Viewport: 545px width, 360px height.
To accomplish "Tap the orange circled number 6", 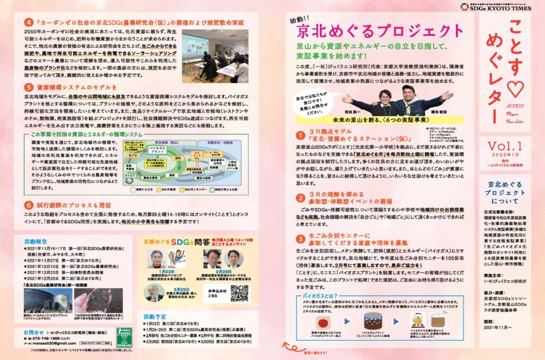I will coord(29,204).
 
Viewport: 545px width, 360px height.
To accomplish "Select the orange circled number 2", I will coord(301,198).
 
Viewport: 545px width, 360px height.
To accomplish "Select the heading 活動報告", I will coord(39,240).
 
